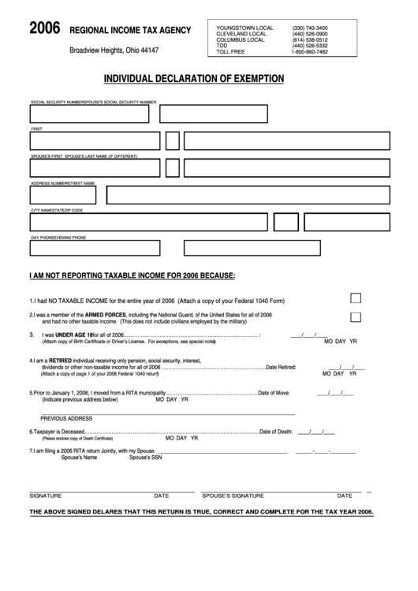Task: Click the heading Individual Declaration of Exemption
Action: [195, 79]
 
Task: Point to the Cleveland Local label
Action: [241, 34]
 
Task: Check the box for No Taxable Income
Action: [356, 298]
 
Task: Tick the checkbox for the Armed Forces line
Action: [356, 316]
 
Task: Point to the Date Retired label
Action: [281, 367]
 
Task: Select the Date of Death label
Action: [276, 432]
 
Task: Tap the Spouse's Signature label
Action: [233, 496]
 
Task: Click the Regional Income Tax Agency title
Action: [131, 30]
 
